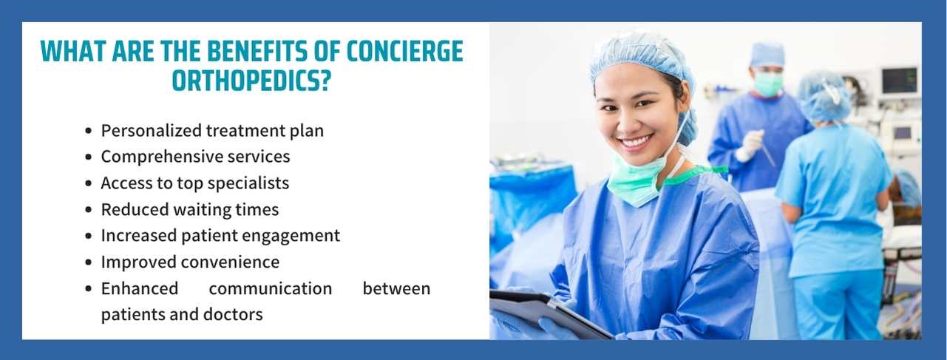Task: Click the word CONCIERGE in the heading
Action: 404,51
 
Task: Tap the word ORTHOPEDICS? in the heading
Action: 251,81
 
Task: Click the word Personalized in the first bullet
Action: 151,131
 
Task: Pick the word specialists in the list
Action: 248,183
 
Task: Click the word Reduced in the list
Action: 135,210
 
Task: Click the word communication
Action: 271,288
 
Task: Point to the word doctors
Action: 233,314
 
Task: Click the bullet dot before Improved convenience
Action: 89,262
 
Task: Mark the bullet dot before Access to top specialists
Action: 89,183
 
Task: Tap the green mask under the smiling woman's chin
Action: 634,184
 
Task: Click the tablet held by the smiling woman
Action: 549,314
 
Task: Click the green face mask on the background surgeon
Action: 769,83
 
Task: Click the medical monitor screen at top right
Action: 900,81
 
